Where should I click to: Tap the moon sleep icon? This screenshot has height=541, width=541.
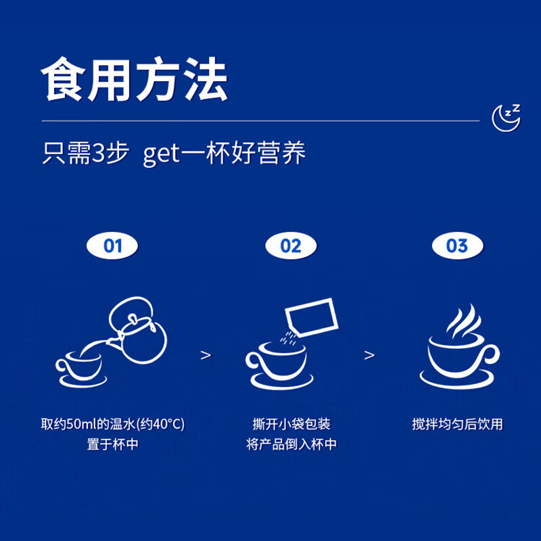click(506, 116)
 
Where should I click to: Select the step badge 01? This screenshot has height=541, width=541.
click(113, 245)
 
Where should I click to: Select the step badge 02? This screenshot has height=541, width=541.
click(291, 245)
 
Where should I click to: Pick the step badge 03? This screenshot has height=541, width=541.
click(457, 245)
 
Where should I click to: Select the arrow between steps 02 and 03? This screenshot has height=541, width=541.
click(369, 355)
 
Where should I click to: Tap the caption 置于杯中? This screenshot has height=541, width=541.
click(113, 445)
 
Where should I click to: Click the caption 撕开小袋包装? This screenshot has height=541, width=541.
click(291, 425)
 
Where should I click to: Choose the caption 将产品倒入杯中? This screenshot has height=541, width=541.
click(291, 445)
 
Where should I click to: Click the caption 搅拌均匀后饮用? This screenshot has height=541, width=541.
click(457, 425)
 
